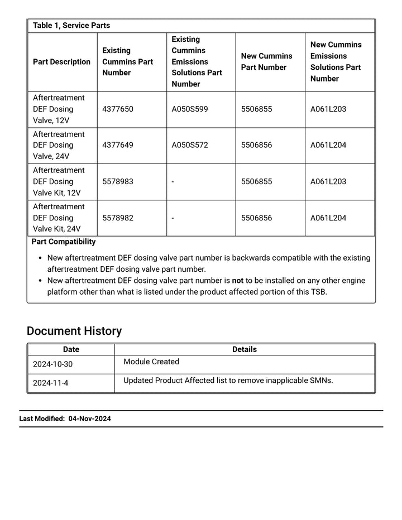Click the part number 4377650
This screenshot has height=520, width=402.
[118, 109]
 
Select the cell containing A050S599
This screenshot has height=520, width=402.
[189, 109]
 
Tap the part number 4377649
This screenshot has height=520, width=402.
[118, 145]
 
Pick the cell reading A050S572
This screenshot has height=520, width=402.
[189, 145]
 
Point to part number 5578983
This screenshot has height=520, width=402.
[118, 181]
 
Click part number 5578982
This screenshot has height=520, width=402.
[118, 218]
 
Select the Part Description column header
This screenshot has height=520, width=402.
[61, 62]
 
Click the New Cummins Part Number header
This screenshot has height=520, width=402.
[266, 61]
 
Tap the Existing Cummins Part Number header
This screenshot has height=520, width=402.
[127, 61]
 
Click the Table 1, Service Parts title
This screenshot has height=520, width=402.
[71, 26]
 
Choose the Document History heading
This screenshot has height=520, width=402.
[74, 331]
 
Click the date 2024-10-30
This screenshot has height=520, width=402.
[52, 364]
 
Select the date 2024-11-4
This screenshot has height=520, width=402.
[50, 383]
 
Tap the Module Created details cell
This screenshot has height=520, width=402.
[151, 362]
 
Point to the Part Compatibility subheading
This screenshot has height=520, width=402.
[64, 242]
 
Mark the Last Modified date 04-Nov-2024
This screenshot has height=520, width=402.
[90, 418]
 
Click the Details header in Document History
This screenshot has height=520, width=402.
[244, 349]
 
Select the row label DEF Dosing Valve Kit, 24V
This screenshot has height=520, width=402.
[59, 218]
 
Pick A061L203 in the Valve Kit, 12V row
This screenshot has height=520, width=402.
[328, 181]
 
